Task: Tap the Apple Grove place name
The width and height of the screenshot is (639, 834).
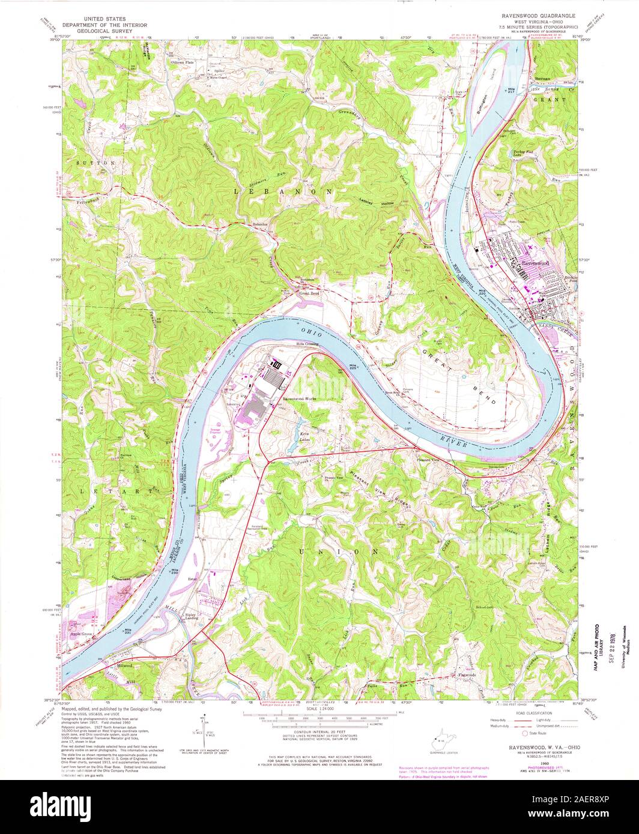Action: click(83, 633)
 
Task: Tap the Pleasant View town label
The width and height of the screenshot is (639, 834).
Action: click(428, 459)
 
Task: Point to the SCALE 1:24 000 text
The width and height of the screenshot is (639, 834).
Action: click(321, 719)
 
